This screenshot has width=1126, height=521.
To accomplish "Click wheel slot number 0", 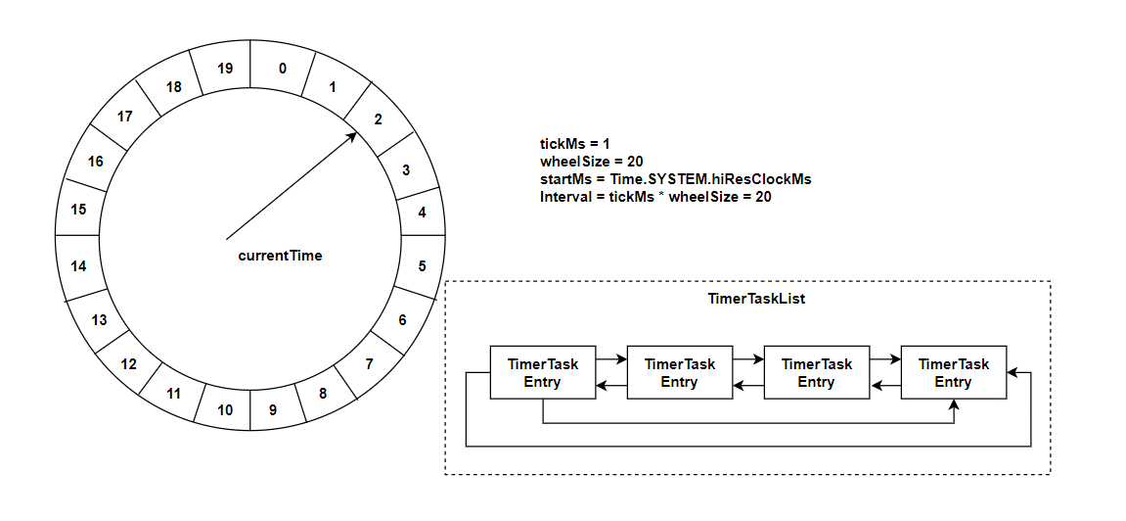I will point(283,69).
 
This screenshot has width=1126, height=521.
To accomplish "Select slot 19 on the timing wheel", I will point(225,69).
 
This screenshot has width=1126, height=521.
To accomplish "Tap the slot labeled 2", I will point(377,119).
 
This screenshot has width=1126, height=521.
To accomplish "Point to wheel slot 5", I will point(422,265).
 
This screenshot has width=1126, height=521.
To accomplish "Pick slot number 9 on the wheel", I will point(273,409).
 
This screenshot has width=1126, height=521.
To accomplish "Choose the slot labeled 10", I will point(225,409).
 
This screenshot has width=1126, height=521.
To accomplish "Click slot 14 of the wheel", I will point(79,265).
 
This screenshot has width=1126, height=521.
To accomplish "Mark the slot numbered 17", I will point(125,117).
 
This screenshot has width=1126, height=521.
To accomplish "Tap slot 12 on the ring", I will point(128,364).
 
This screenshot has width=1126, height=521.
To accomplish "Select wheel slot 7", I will point(369,364).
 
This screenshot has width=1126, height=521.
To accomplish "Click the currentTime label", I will point(280,256).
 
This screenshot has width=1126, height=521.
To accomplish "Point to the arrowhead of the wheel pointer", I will point(352,137).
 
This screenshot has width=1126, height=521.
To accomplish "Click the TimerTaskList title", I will point(756,299).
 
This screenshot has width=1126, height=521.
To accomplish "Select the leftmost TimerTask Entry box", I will point(543,372).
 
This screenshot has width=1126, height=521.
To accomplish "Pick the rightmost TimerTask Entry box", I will point(953,372).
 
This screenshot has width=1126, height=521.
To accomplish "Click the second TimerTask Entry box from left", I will point(679,372).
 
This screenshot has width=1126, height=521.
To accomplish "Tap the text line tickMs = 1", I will point(575,144).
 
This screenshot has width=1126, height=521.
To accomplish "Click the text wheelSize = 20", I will point(591,162).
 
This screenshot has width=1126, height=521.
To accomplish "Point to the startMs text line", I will point(676,179).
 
